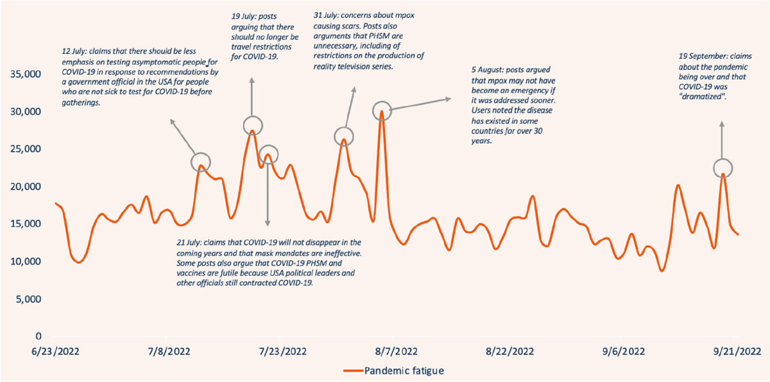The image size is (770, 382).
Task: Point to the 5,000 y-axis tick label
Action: pos(28,299)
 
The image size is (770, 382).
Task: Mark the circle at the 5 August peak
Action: pos(382,110)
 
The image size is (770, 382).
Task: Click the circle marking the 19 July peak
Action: pos(252,125)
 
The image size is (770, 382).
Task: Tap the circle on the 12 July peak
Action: pos(201,162)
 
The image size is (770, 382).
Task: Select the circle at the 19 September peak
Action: pos(723,168)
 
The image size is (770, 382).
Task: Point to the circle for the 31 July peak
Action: pos(344,136)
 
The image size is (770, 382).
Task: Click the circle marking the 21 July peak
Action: pos(268,154)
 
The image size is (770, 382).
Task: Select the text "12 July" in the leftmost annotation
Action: pos(73,52)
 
